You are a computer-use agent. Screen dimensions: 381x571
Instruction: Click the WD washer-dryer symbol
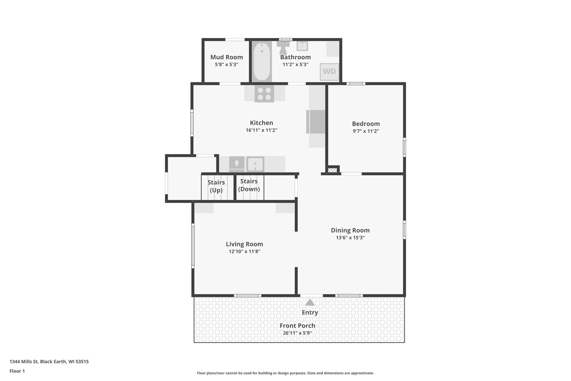(x=329, y=71)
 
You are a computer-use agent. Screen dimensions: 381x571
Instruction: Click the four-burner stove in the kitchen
(x=264, y=94)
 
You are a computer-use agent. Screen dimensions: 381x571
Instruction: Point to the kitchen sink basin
(x=255, y=164)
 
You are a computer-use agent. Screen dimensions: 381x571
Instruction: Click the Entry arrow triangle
(x=310, y=303)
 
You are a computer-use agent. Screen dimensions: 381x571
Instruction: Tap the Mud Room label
(x=226, y=57)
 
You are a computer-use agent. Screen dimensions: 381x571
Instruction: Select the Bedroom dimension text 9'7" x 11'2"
(x=366, y=131)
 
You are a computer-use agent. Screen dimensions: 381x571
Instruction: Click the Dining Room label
(x=350, y=230)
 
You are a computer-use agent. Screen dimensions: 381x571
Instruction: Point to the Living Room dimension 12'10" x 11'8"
(x=244, y=251)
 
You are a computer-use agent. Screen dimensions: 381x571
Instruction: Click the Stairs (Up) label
(x=216, y=186)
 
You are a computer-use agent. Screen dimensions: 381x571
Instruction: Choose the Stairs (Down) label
(x=249, y=185)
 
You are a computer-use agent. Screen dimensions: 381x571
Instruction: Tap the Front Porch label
(x=297, y=326)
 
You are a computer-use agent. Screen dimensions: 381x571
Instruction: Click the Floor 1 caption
(x=17, y=371)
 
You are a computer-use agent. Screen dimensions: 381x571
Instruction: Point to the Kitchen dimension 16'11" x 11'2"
(x=261, y=130)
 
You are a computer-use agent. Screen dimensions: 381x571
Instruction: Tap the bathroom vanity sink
(x=302, y=46)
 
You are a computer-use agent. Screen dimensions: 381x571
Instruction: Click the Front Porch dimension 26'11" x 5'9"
(x=297, y=333)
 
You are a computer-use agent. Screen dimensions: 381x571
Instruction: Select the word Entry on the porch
(x=310, y=313)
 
